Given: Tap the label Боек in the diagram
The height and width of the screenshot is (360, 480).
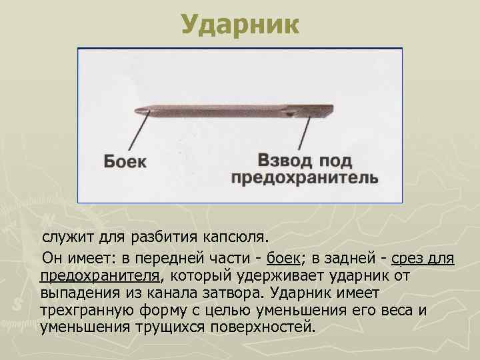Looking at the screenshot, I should pyautogui.click(x=125, y=162).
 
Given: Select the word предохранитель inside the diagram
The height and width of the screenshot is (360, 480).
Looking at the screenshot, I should pyautogui.click(x=305, y=178).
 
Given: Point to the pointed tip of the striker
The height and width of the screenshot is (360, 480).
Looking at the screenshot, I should pyautogui.click(x=137, y=110).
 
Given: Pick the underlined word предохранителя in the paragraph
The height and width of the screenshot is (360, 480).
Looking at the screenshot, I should pyautogui.click(x=99, y=275).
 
